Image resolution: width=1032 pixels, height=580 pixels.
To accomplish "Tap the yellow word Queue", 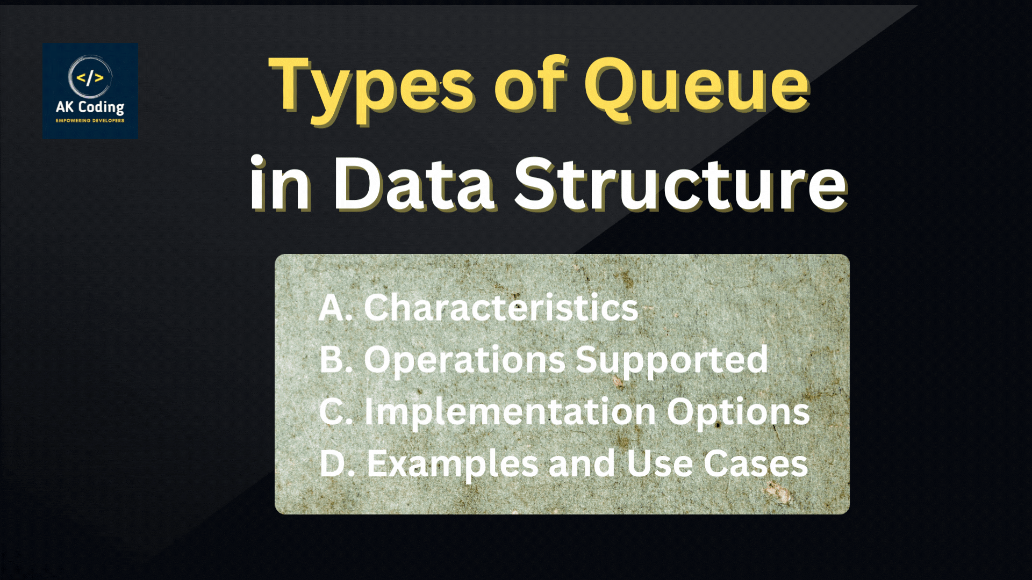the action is (697, 86).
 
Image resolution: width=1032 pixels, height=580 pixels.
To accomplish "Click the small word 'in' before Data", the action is (280, 183).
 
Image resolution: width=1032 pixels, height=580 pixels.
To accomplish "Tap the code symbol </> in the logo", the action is (90, 78).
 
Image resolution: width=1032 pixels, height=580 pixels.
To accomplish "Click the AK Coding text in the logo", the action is (90, 107).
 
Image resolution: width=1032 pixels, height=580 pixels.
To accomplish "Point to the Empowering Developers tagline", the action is (90, 120).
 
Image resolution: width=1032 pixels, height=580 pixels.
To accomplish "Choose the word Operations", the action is (464, 360).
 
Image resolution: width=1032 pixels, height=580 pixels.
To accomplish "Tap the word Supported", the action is (672, 360).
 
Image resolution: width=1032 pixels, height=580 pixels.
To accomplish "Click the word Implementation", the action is (510, 412).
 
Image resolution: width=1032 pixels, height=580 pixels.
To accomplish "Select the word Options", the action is (738, 412).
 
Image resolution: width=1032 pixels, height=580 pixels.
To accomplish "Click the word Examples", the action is (453, 464).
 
